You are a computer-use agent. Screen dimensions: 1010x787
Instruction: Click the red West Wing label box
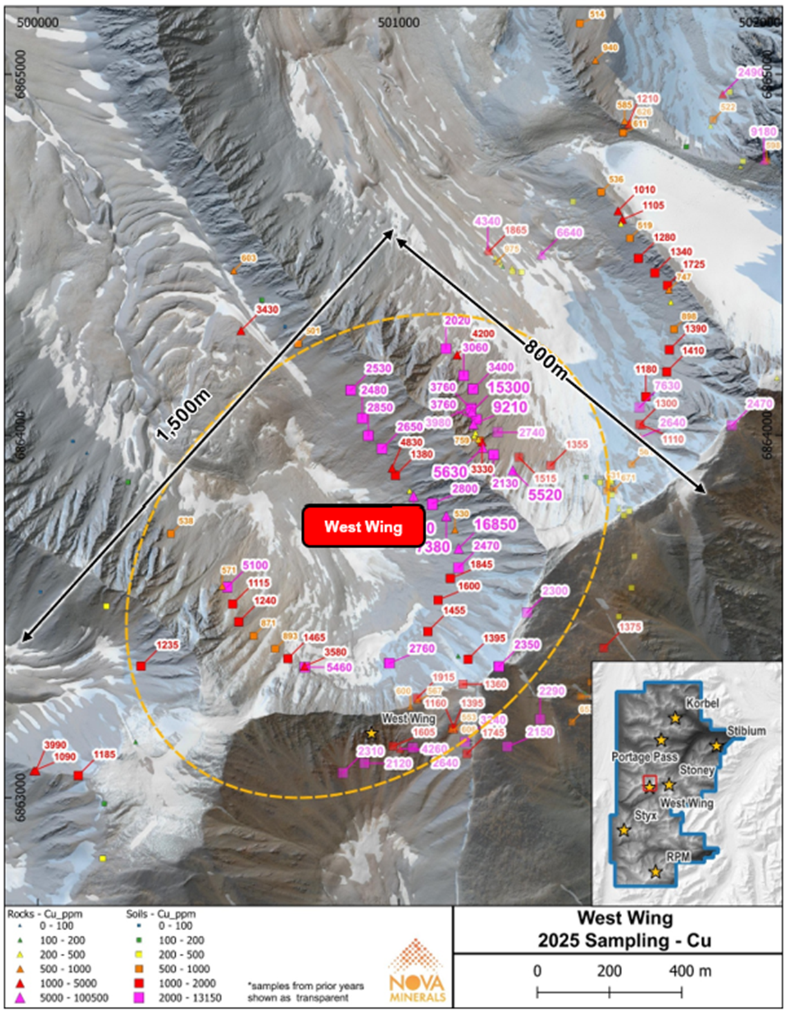363,526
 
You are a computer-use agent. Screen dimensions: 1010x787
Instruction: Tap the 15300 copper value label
508,387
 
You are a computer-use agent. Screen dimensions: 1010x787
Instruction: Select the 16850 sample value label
495,524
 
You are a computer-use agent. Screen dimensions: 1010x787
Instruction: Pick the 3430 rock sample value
267,310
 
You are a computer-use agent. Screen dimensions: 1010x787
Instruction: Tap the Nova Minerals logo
417,970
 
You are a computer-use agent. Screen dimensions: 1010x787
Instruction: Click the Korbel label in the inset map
702,703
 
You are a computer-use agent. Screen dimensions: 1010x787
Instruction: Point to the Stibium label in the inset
746,731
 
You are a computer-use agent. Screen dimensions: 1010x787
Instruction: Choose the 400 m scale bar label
690,970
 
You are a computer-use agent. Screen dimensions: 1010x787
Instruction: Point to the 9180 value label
763,132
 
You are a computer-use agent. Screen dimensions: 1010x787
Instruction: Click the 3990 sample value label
55,745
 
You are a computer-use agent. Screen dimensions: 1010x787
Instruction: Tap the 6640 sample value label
569,233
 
